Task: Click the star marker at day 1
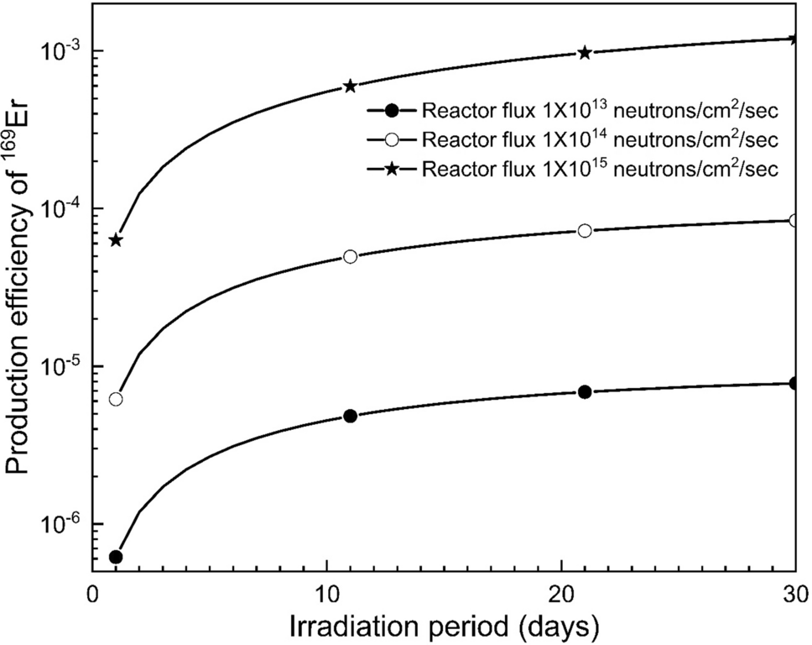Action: [x=116, y=240]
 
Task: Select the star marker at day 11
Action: [x=351, y=86]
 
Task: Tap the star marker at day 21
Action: [x=586, y=53]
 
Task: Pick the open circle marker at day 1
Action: [x=116, y=399]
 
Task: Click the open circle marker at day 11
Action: [x=351, y=256]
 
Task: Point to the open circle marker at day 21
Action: [x=586, y=230]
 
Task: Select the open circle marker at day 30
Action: [x=795, y=221]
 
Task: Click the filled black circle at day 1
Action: [x=116, y=557]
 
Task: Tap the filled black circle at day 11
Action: [x=351, y=416]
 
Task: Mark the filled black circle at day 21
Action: [x=586, y=391]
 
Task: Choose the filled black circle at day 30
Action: [x=795, y=384]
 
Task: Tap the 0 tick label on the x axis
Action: [x=93, y=593]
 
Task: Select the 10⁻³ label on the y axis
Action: [x=59, y=50]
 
